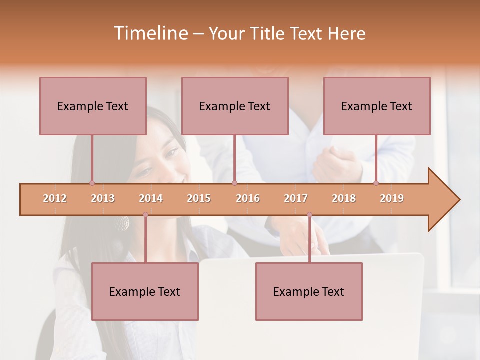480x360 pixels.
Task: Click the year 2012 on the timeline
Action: click(x=55, y=198)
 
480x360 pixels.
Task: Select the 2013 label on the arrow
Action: click(x=103, y=198)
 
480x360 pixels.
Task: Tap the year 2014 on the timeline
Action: click(x=151, y=198)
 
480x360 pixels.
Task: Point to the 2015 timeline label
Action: click(x=199, y=198)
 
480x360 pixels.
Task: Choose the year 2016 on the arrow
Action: click(x=248, y=198)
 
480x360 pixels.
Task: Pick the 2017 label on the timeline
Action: click(x=296, y=198)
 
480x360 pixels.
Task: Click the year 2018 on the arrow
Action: click(x=344, y=198)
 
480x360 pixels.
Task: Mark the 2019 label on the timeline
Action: click(x=392, y=198)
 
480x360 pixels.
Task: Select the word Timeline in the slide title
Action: click(x=150, y=33)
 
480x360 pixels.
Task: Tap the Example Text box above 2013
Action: click(x=93, y=106)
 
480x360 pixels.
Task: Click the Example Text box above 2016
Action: click(x=235, y=106)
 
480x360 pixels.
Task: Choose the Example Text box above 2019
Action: click(x=377, y=106)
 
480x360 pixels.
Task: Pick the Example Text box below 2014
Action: click(x=145, y=291)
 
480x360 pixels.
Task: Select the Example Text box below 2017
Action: click(x=309, y=291)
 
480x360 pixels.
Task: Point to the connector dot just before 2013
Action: click(x=92, y=183)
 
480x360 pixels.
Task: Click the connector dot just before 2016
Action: click(x=234, y=183)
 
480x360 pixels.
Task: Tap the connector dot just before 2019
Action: click(x=376, y=183)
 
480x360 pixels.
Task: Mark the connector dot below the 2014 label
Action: click(x=145, y=215)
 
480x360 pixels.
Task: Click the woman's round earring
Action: click(x=122, y=223)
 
